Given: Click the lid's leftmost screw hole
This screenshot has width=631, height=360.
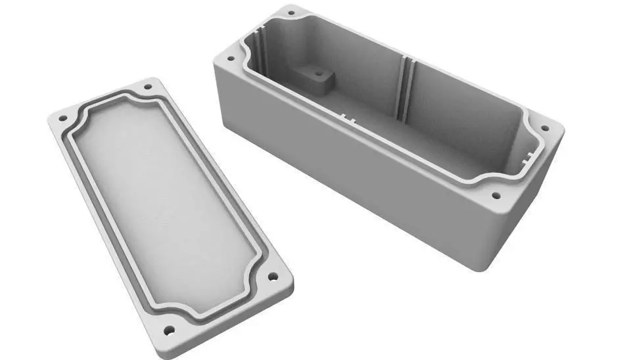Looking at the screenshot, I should pos(64,119).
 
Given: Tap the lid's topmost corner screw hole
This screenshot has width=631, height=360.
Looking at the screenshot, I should pos(147,85).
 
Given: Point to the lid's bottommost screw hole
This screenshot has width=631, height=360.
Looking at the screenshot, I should pos(170,330).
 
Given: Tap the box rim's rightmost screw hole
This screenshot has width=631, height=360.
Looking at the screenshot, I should pos(544,129).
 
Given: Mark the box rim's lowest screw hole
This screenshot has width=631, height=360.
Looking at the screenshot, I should pos(495,195).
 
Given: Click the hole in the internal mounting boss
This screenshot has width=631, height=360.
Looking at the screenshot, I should pos(319,74).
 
